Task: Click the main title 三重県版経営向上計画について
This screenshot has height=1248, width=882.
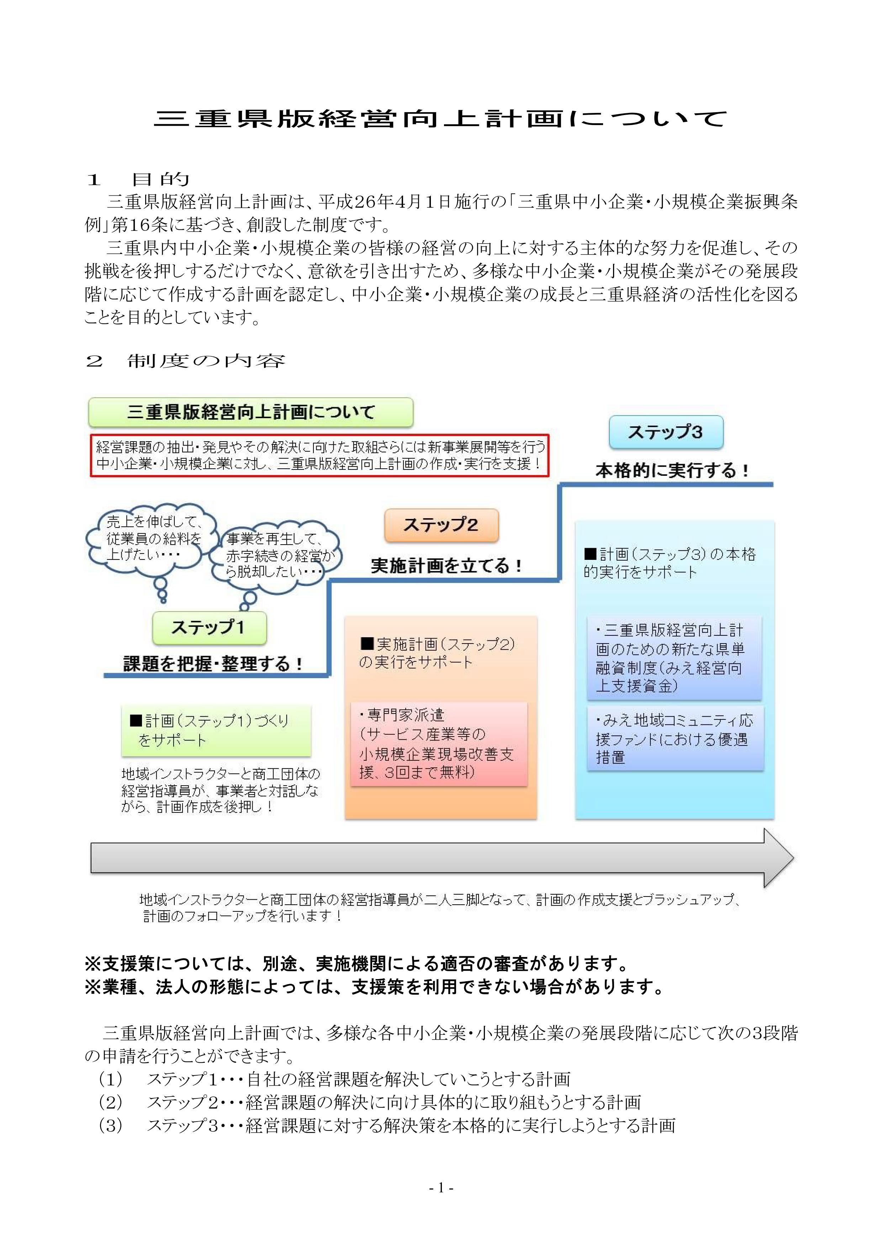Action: point(440,119)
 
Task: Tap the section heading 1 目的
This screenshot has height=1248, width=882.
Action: point(138,179)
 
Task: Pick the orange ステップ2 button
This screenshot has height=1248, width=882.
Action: point(441,525)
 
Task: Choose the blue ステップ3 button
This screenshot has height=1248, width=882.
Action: point(665,432)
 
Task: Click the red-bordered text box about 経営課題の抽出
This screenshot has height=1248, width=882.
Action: point(319,456)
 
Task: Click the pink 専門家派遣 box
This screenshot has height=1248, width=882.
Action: point(438,744)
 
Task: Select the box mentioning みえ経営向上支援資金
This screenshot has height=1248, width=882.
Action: point(674,658)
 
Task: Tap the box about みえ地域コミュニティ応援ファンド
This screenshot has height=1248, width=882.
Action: point(675,738)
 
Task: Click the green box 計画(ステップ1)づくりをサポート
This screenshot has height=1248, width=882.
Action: point(216,730)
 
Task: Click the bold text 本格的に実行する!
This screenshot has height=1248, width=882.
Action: point(672,470)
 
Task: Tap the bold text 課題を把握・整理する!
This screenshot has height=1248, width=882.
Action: point(213,664)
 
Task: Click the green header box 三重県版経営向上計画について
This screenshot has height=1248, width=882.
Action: point(250,412)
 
